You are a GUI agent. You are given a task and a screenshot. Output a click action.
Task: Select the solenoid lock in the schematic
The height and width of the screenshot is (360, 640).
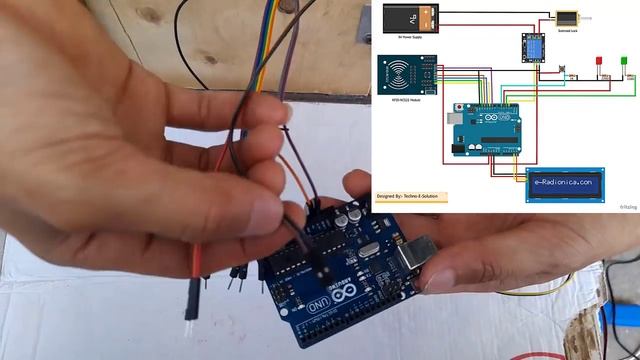pos(565,18)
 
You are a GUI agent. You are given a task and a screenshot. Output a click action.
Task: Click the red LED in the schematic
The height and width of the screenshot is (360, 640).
pos(600,62)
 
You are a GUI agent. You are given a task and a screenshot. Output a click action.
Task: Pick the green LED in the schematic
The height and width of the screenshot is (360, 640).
pos(623,61)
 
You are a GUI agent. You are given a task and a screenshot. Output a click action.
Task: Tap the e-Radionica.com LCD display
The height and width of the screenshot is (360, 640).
pos(565,184)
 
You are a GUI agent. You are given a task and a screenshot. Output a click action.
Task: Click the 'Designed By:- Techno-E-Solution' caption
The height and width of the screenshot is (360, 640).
pos(411,197)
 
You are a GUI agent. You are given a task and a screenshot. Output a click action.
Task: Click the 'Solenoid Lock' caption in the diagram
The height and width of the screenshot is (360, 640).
pos(565,30)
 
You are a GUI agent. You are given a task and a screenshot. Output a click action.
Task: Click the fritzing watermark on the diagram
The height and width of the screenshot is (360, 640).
pos(628,207)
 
